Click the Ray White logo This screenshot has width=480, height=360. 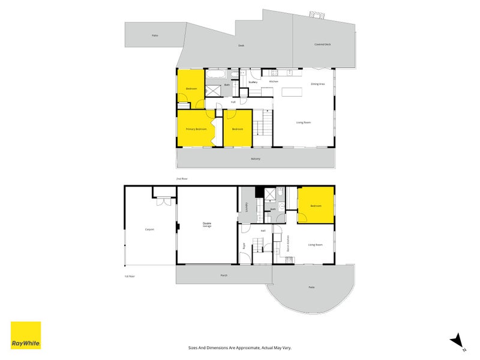(26, 335)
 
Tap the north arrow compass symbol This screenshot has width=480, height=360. (458, 341)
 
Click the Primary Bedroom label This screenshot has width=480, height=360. (196, 129)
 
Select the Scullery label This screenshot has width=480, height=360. (253, 82)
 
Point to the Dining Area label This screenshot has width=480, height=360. (317, 85)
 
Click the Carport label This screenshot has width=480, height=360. (149, 229)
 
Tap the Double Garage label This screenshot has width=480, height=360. (206, 226)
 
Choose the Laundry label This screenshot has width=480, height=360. (247, 207)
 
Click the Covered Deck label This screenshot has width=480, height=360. (322, 44)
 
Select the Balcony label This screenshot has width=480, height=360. (256, 159)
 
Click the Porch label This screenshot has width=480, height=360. (224, 275)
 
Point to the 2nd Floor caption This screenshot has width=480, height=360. (182, 179)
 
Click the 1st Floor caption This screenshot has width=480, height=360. (130, 277)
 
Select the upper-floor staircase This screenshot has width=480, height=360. (262, 127)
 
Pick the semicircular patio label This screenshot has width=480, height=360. (311, 287)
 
